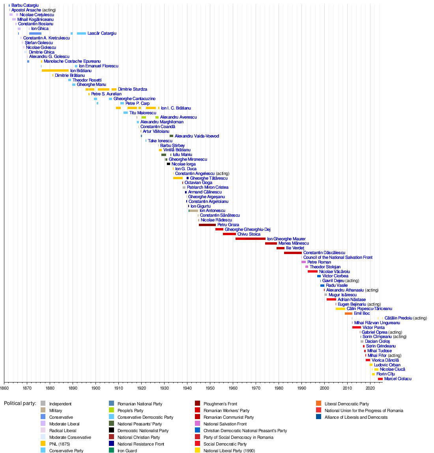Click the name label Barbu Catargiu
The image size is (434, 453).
(25, 6)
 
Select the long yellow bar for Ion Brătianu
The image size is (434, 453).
(55, 71)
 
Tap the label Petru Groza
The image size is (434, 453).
(228, 225)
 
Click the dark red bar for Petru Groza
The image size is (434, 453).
(207, 225)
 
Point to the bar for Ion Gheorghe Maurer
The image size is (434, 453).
(250, 239)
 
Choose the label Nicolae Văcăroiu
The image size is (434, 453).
(334, 271)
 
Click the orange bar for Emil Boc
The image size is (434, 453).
(348, 314)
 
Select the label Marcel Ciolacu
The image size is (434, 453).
(398, 379)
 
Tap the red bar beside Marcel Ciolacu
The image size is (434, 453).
(380, 379)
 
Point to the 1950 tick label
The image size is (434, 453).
(210, 388)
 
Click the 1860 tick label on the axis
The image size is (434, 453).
(4, 388)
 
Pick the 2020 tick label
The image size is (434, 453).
(370, 388)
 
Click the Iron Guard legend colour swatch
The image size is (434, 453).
(111, 451)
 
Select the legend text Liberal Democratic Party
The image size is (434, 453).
(346, 404)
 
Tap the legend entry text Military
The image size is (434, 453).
(56, 410)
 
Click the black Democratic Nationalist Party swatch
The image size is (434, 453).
(111, 431)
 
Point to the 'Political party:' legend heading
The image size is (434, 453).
(20, 403)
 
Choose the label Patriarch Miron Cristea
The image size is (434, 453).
(208, 188)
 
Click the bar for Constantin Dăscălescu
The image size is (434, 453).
(293, 253)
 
